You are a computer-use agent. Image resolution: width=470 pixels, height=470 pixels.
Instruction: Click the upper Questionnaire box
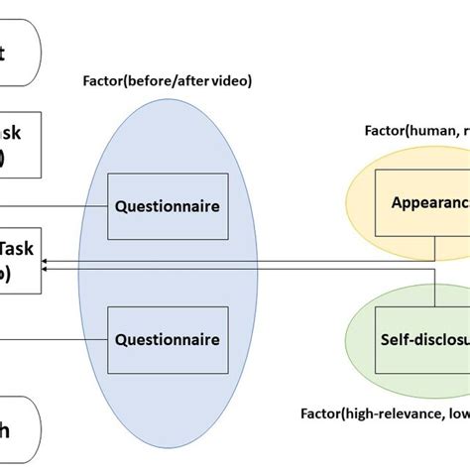pyautogui.click(x=167, y=207)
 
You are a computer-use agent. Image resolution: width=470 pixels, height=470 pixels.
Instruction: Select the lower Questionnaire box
pyautogui.click(x=167, y=339)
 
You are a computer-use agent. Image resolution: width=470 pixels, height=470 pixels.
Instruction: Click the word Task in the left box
pyautogui.click(x=20, y=250)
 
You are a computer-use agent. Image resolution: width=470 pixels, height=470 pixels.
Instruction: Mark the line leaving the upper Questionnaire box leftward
pyautogui.click(x=74, y=207)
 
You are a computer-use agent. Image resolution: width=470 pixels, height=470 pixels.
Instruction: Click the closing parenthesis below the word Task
pyautogui.click(x=6, y=276)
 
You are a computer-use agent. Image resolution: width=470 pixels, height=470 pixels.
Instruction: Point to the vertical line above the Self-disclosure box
pyautogui.click(x=434, y=292)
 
